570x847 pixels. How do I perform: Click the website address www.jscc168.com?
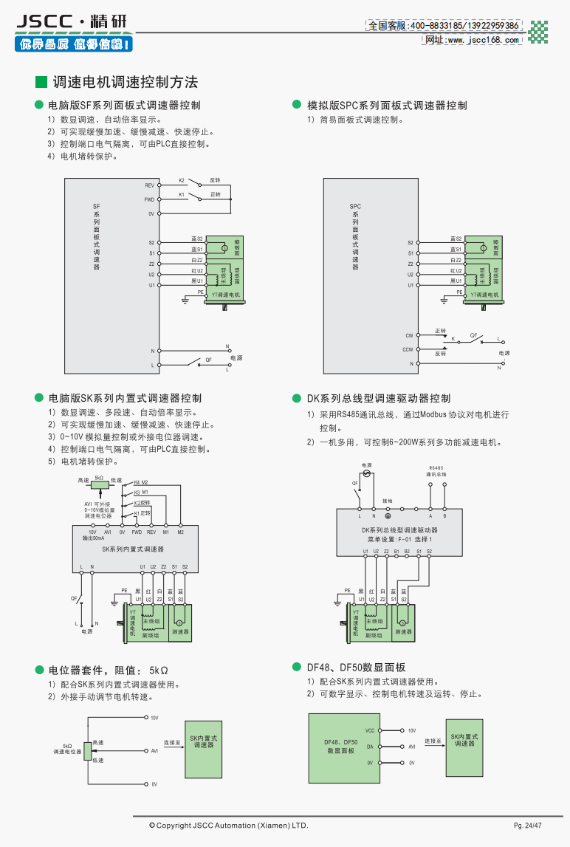tap(473, 40)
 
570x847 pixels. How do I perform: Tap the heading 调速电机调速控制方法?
tap(126, 82)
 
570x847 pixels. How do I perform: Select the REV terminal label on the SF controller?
tap(149, 185)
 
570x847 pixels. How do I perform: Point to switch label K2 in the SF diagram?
tap(182, 180)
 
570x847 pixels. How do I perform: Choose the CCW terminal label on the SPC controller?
tap(408, 349)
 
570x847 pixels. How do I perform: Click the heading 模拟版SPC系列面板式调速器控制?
tap(387, 106)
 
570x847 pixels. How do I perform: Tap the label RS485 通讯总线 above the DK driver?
tap(436, 470)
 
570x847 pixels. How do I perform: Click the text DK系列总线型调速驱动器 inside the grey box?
tap(399, 529)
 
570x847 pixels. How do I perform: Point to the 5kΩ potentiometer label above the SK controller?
tap(99, 479)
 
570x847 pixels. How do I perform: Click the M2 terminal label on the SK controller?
tap(180, 532)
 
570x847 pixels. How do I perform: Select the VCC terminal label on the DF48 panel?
tap(370, 730)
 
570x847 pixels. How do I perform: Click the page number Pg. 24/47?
tap(528, 825)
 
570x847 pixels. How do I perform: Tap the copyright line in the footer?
tap(228, 825)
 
